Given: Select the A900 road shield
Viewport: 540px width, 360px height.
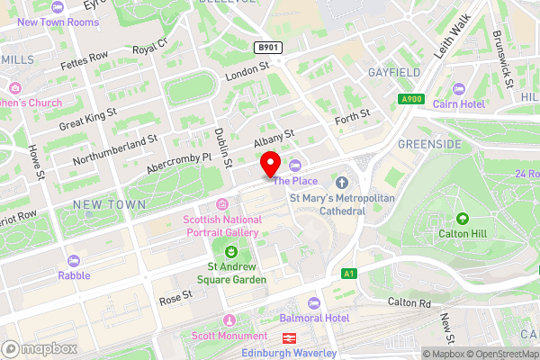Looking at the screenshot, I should tap(411, 99).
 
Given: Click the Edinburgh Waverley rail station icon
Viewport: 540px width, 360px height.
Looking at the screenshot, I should tap(290, 338).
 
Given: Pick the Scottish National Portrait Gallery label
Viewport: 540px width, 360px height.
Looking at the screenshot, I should tap(220, 226).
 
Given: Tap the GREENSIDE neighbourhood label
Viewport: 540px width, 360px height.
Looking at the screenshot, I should tap(429, 144).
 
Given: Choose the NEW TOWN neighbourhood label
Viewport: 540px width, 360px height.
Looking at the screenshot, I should tap(110, 205).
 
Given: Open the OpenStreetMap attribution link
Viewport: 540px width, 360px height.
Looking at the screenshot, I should tap(499, 354).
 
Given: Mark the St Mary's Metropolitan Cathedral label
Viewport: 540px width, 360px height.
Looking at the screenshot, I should tap(327, 203).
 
